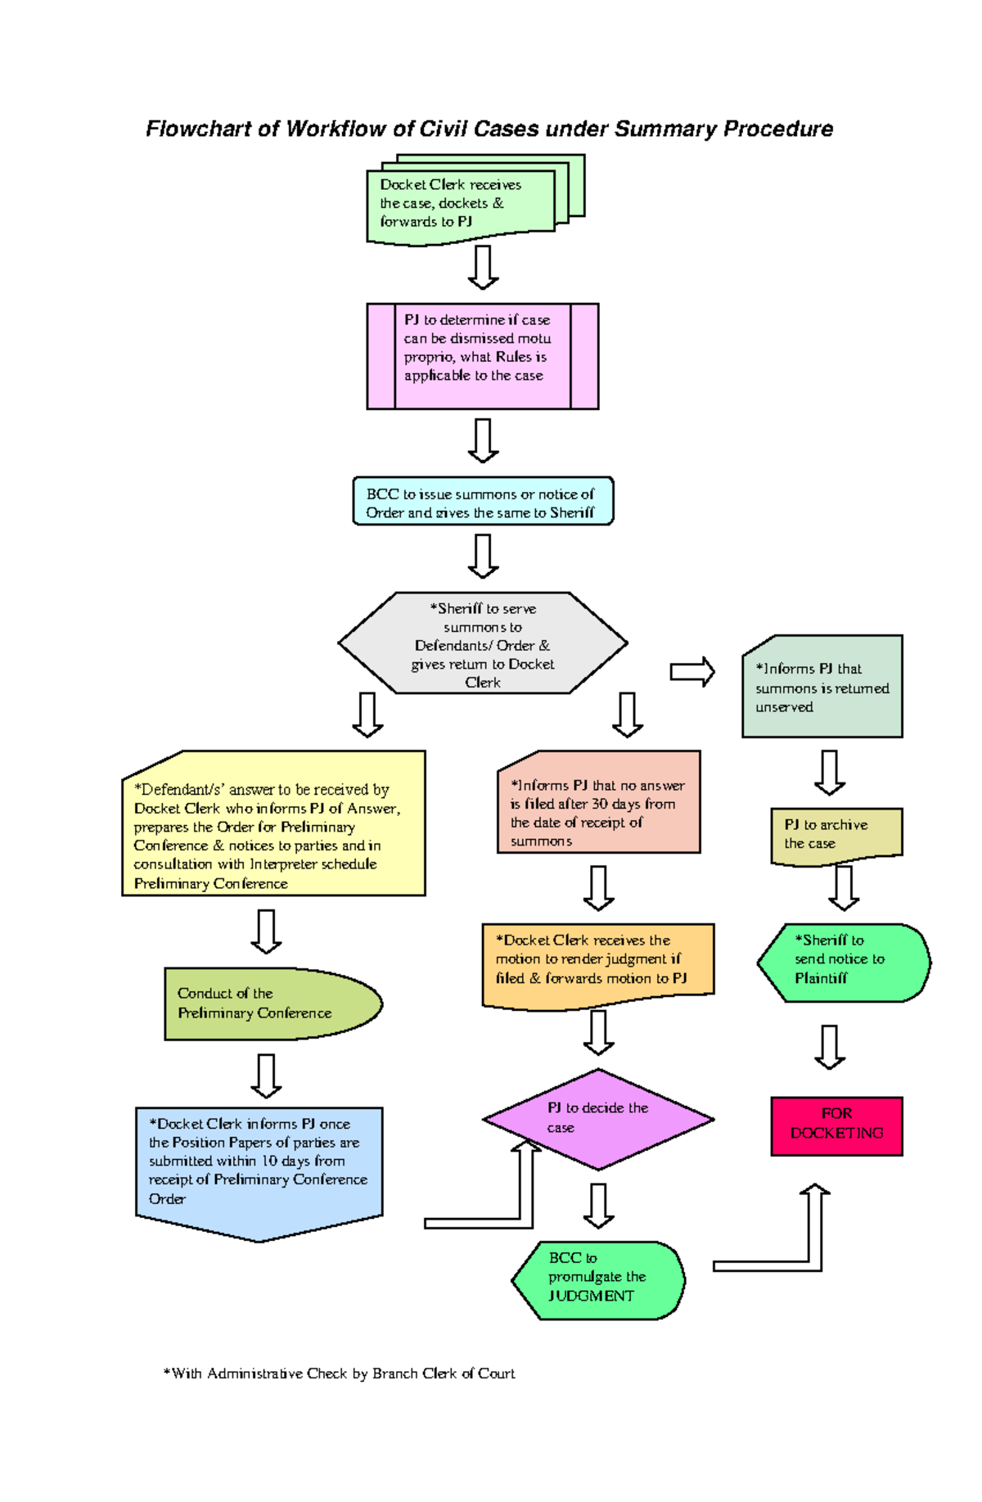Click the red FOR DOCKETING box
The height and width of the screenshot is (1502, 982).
point(836,1125)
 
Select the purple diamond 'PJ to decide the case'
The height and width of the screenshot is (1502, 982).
point(598,1118)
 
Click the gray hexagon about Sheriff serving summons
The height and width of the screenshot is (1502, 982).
point(483,643)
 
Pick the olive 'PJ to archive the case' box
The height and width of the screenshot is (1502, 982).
point(836,835)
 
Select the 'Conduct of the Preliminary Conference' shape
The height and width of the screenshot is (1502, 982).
point(270,1004)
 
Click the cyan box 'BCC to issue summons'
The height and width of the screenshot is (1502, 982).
point(483,501)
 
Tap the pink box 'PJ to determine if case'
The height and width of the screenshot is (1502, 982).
point(483,356)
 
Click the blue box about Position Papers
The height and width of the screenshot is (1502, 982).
point(259,1162)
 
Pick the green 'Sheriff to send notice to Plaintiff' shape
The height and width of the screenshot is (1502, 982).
point(843,962)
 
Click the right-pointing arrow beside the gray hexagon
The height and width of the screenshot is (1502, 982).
point(692,672)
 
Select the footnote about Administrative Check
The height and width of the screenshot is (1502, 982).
point(340,1373)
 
